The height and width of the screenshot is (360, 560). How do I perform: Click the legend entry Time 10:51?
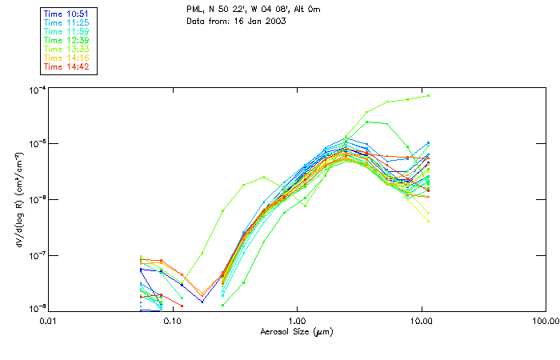pyautogui.click(x=67, y=14)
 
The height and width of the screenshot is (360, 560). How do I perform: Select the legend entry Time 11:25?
pyautogui.click(x=67, y=22)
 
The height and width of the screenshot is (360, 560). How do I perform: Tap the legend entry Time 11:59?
pyautogui.click(x=67, y=31)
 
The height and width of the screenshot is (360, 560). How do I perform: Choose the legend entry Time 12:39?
pyautogui.click(x=67, y=40)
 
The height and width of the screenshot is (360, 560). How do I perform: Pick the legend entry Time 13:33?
pyautogui.click(x=67, y=49)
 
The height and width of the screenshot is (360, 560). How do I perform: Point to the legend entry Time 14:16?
pyautogui.click(x=67, y=58)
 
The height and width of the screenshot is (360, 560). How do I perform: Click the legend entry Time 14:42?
pyautogui.click(x=67, y=66)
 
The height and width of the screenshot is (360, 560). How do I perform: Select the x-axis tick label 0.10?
pyautogui.click(x=172, y=321)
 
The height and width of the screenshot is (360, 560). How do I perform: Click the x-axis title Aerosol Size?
pyautogui.click(x=296, y=331)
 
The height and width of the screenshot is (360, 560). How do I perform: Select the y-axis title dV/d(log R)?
pyautogui.click(x=18, y=199)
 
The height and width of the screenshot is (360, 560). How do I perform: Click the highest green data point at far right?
pyautogui.click(x=429, y=95)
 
